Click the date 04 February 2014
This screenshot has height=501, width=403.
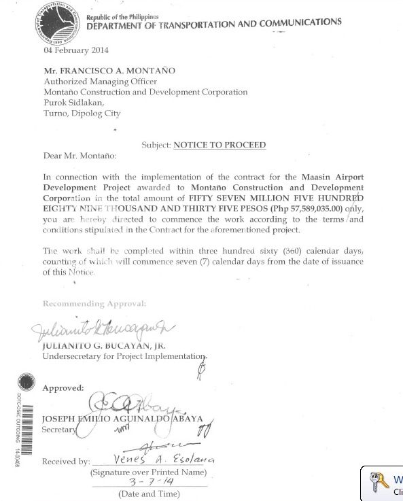[x=76, y=50]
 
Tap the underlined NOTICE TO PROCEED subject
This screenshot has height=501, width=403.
[x=220, y=145]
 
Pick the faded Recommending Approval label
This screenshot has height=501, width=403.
[x=94, y=303]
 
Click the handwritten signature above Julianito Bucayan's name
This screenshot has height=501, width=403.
[x=102, y=331]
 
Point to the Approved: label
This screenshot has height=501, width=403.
[x=63, y=388]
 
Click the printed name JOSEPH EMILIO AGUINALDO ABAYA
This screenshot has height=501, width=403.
[x=122, y=419]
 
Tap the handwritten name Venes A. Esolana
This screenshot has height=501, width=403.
[x=164, y=460]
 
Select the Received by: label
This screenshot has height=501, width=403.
[x=66, y=462]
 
